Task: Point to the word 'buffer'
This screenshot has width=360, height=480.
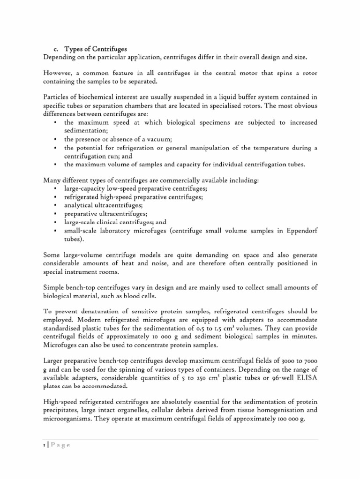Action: [x=229, y=97]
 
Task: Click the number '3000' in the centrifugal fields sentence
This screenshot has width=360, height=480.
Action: [x=275, y=359]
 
